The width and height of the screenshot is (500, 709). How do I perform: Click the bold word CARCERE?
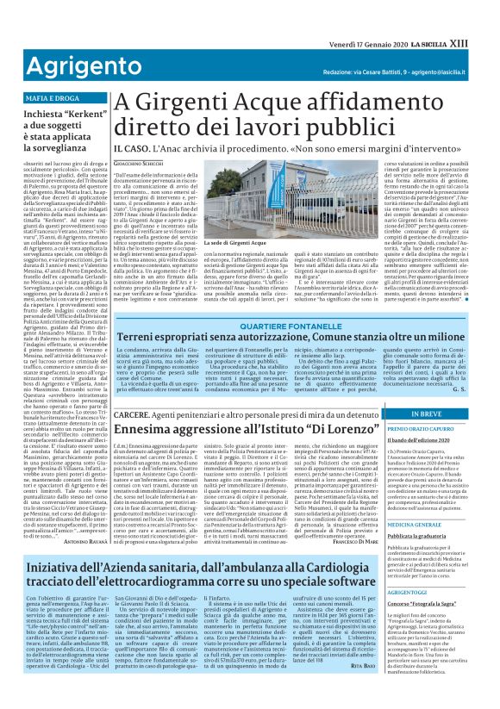point(133,415)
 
